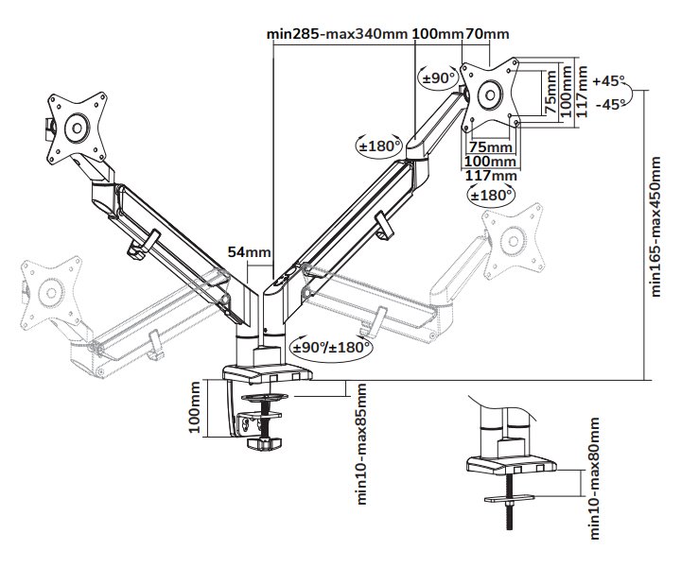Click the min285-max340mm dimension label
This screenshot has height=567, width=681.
coord(338,34)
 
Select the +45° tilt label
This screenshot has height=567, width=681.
coord(611,80)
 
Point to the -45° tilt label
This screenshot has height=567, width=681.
coord(611,104)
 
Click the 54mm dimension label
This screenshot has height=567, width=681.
coord(250,252)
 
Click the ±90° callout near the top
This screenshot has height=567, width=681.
coord(439,77)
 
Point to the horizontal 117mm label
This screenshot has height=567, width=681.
coord(493,175)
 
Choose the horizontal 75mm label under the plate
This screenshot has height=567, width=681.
coord(491,147)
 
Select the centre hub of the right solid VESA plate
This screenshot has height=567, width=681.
coord(491,94)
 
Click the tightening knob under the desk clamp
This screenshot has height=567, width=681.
coord(262,442)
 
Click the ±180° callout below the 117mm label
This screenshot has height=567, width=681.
coord(491,195)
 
